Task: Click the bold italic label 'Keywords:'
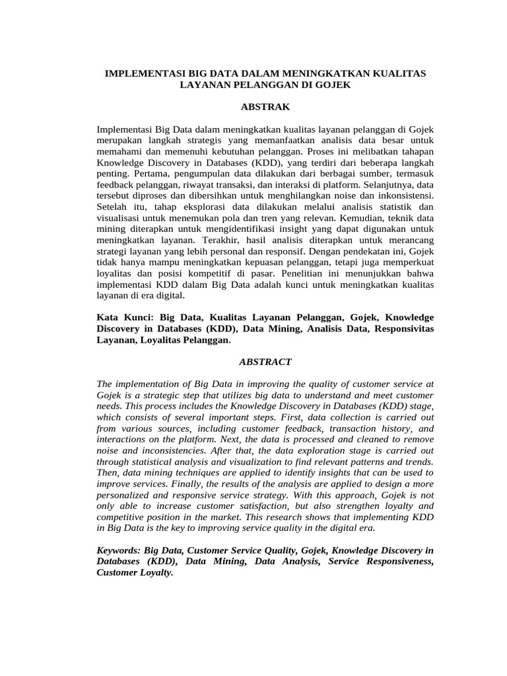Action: point(119,550)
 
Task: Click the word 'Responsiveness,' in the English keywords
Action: point(399,562)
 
